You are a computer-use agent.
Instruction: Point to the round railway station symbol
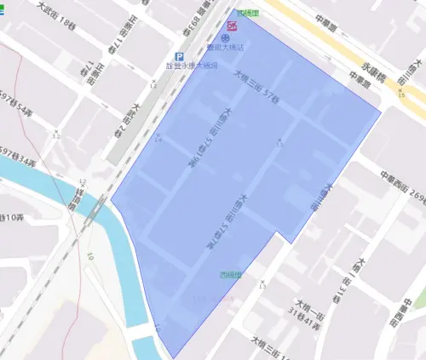(225, 39)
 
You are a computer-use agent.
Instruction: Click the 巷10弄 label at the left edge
(11, 218)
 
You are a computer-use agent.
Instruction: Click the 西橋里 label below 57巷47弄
(230, 275)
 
